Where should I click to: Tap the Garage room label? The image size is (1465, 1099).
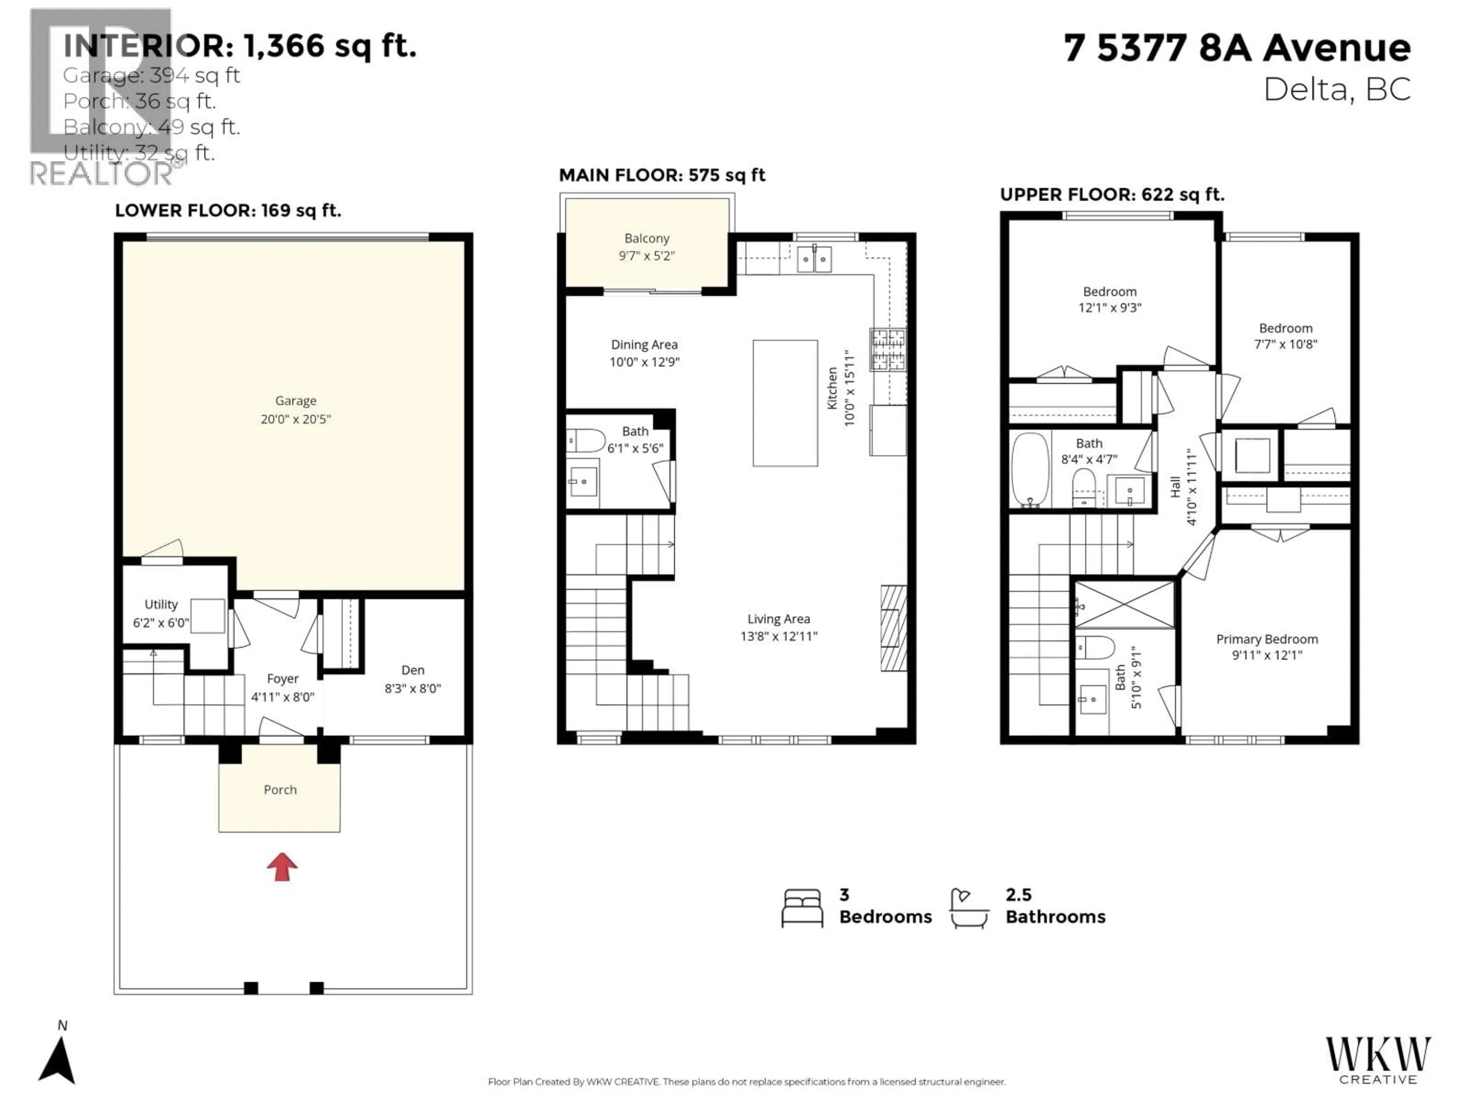coord(295,401)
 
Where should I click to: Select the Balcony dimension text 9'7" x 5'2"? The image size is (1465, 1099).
coord(646,256)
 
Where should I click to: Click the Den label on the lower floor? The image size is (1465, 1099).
coord(413,670)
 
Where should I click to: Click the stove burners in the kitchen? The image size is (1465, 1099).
coord(887,349)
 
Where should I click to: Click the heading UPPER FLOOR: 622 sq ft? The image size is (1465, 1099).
coord(1111,195)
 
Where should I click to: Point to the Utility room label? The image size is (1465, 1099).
coord(161,604)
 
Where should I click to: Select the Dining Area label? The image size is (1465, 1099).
coord(644,345)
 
